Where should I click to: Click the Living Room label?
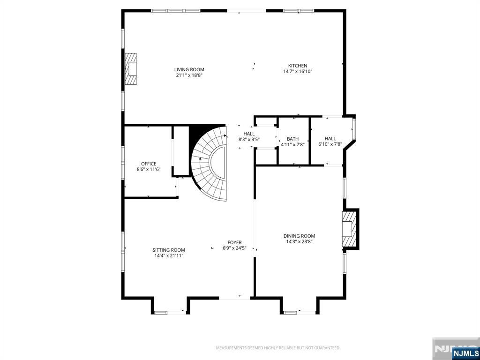click(x=189, y=69)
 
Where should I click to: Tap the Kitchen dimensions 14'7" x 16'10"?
click(x=298, y=72)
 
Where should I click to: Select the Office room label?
click(x=149, y=164)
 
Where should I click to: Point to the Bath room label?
click(x=292, y=139)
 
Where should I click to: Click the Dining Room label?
click(x=299, y=236)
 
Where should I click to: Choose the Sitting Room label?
click(x=169, y=250)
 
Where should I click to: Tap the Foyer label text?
click(x=234, y=242)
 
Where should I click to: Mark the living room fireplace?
click(x=131, y=69)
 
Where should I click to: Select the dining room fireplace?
click(x=350, y=229)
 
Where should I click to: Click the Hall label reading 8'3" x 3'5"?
click(x=249, y=139)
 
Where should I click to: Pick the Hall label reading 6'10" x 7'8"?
click(x=330, y=144)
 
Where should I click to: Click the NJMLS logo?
click(x=465, y=353)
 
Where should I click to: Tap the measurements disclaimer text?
click(x=278, y=348)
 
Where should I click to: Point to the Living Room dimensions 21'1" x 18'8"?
click(x=189, y=75)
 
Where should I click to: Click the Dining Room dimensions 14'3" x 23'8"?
click(x=299, y=242)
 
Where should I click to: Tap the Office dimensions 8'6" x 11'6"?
click(x=149, y=169)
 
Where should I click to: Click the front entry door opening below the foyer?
click(x=237, y=297)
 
